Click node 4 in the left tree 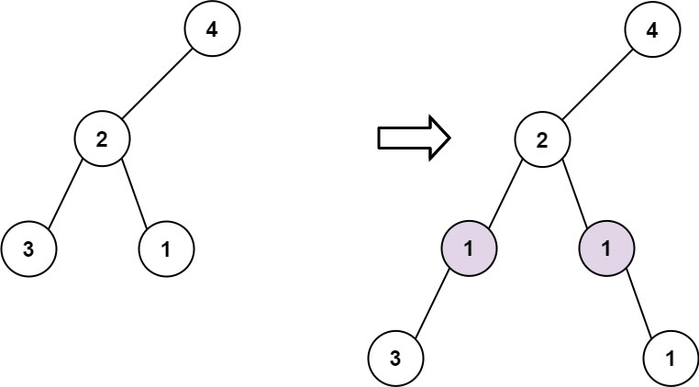click(212, 28)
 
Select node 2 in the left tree click(102, 138)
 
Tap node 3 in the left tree click(28, 249)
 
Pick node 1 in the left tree click(166, 249)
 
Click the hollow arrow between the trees click(414, 138)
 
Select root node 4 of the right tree click(652, 28)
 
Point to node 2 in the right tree click(542, 138)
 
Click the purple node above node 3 click(469, 249)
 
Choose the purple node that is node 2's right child click(606, 249)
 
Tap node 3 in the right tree click(395, 358)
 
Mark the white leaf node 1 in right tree click(671, 358)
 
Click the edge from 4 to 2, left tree click(157, 83)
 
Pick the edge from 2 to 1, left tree click(134, 193)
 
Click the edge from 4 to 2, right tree click(597, 83)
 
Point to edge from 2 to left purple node click(505, 193)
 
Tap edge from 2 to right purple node click(574, 193)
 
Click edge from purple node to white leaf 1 click(638, 304)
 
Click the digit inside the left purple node click(469, 249)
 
